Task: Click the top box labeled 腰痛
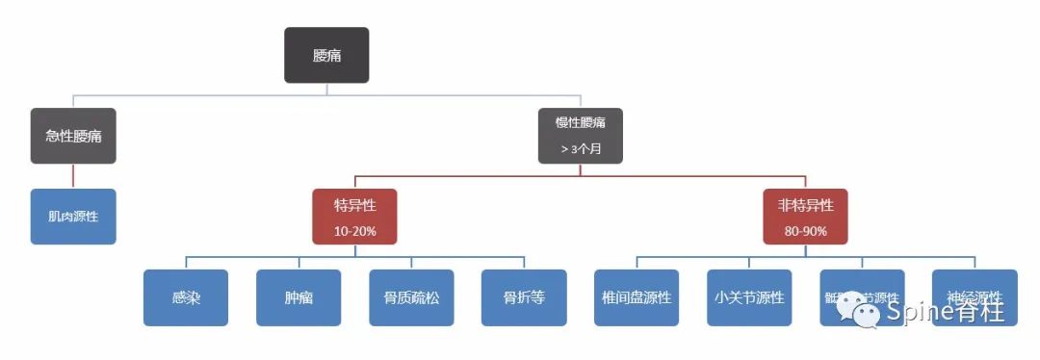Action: [x=326, y=55]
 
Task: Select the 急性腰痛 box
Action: [x=73, y=136]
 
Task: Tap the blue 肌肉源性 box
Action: [x=73, y=216]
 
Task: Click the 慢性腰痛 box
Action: [x=580, y=135]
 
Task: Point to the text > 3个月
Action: [x=581, y=148]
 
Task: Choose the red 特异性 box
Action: [x=354, y=216]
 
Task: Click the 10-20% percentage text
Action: [x=354, y=231]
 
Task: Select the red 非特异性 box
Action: [x=805, y=216]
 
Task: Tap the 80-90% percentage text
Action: [x=805, y=231]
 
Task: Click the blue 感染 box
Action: [x=186, y=297]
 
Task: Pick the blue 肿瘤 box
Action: [x=299, y=297]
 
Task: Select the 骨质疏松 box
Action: [x=411, y=297]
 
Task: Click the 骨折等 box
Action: [x=524, y=297]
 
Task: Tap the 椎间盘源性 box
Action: [x=637, y=297]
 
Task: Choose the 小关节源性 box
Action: [x=749, y=297]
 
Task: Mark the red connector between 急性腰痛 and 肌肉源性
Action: [x=73, y=176]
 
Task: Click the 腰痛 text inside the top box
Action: [x=326, y=56]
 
